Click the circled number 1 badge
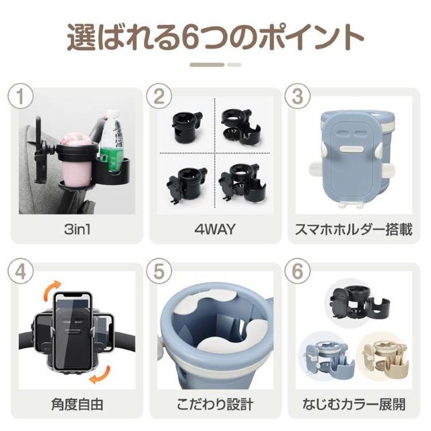click(20, 96)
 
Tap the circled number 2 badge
click(159, 96)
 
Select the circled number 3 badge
click(298, 96)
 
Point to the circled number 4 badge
click(20, 271)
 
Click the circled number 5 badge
click(159, 271)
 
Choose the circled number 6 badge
click(298, 271)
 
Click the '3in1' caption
click(77, 229)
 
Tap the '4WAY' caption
click(215, 229)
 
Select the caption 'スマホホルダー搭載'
click(354, 230)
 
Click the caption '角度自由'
click(77, 404)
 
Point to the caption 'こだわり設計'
click(215, 404)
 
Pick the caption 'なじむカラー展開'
click(354, 404)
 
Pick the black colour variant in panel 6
click(361, 302)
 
